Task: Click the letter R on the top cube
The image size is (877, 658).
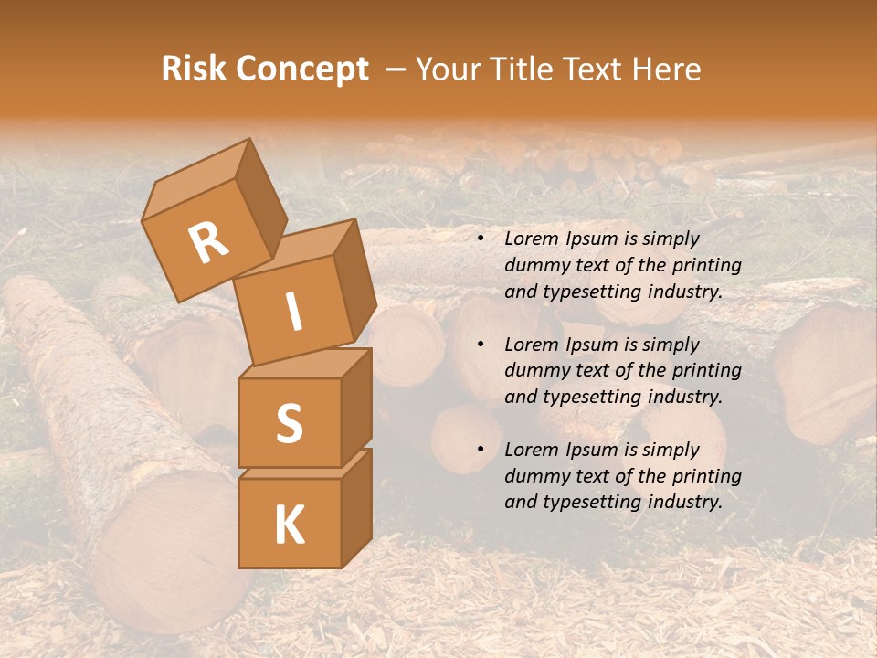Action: pyautogui.click(x=209, y=243)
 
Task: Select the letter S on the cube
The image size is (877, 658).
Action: pyautogui.click(x=289, y=423)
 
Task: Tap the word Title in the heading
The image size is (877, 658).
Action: pyautogui.click(x=522, y=69)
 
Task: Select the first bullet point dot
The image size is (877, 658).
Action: pyautogui.click(x=480, y=239)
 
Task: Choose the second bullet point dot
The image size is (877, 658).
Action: pyautogui.click(x=480, y=345)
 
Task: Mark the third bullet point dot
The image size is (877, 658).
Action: pyautogui.click(x=480, y=451)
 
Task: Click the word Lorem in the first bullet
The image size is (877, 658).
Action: pyautogui.click(x=530, y=239)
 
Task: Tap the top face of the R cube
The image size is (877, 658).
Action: pyautogui.click(x=196, y=174)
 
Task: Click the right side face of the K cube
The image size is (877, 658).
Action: pyautogui.click(x=355, y=507)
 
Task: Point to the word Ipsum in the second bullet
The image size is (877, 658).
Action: pyautogui.click(x=589, y=345)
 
